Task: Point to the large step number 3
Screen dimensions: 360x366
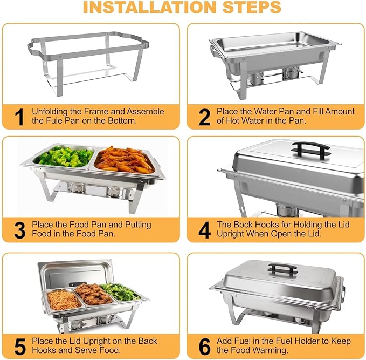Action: [x=19, y=230]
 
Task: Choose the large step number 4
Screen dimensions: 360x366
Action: [x=204, y=230]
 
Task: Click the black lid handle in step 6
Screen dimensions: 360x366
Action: [x=284, y=268]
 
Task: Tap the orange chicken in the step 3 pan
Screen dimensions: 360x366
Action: [x=125, y=160]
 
